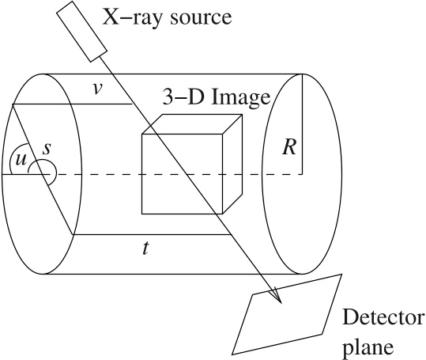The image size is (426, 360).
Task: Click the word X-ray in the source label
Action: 132,18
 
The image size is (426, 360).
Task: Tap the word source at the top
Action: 201,19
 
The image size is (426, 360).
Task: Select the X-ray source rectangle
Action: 81,32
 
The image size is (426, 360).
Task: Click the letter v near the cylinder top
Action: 96,89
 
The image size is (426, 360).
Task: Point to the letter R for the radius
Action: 289,148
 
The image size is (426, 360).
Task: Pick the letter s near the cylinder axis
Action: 47,149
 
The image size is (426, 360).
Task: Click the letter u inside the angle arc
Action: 21,160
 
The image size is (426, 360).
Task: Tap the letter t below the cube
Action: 146,248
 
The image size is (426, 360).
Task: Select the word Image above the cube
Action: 241,98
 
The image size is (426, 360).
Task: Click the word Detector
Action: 383,317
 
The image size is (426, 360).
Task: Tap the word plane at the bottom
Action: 368,348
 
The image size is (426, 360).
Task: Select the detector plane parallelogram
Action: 287,314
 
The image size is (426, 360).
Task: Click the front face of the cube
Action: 183,174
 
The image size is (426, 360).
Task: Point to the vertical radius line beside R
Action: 302,124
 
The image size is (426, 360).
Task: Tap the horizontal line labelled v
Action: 73,104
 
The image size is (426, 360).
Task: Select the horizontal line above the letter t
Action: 153,234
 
